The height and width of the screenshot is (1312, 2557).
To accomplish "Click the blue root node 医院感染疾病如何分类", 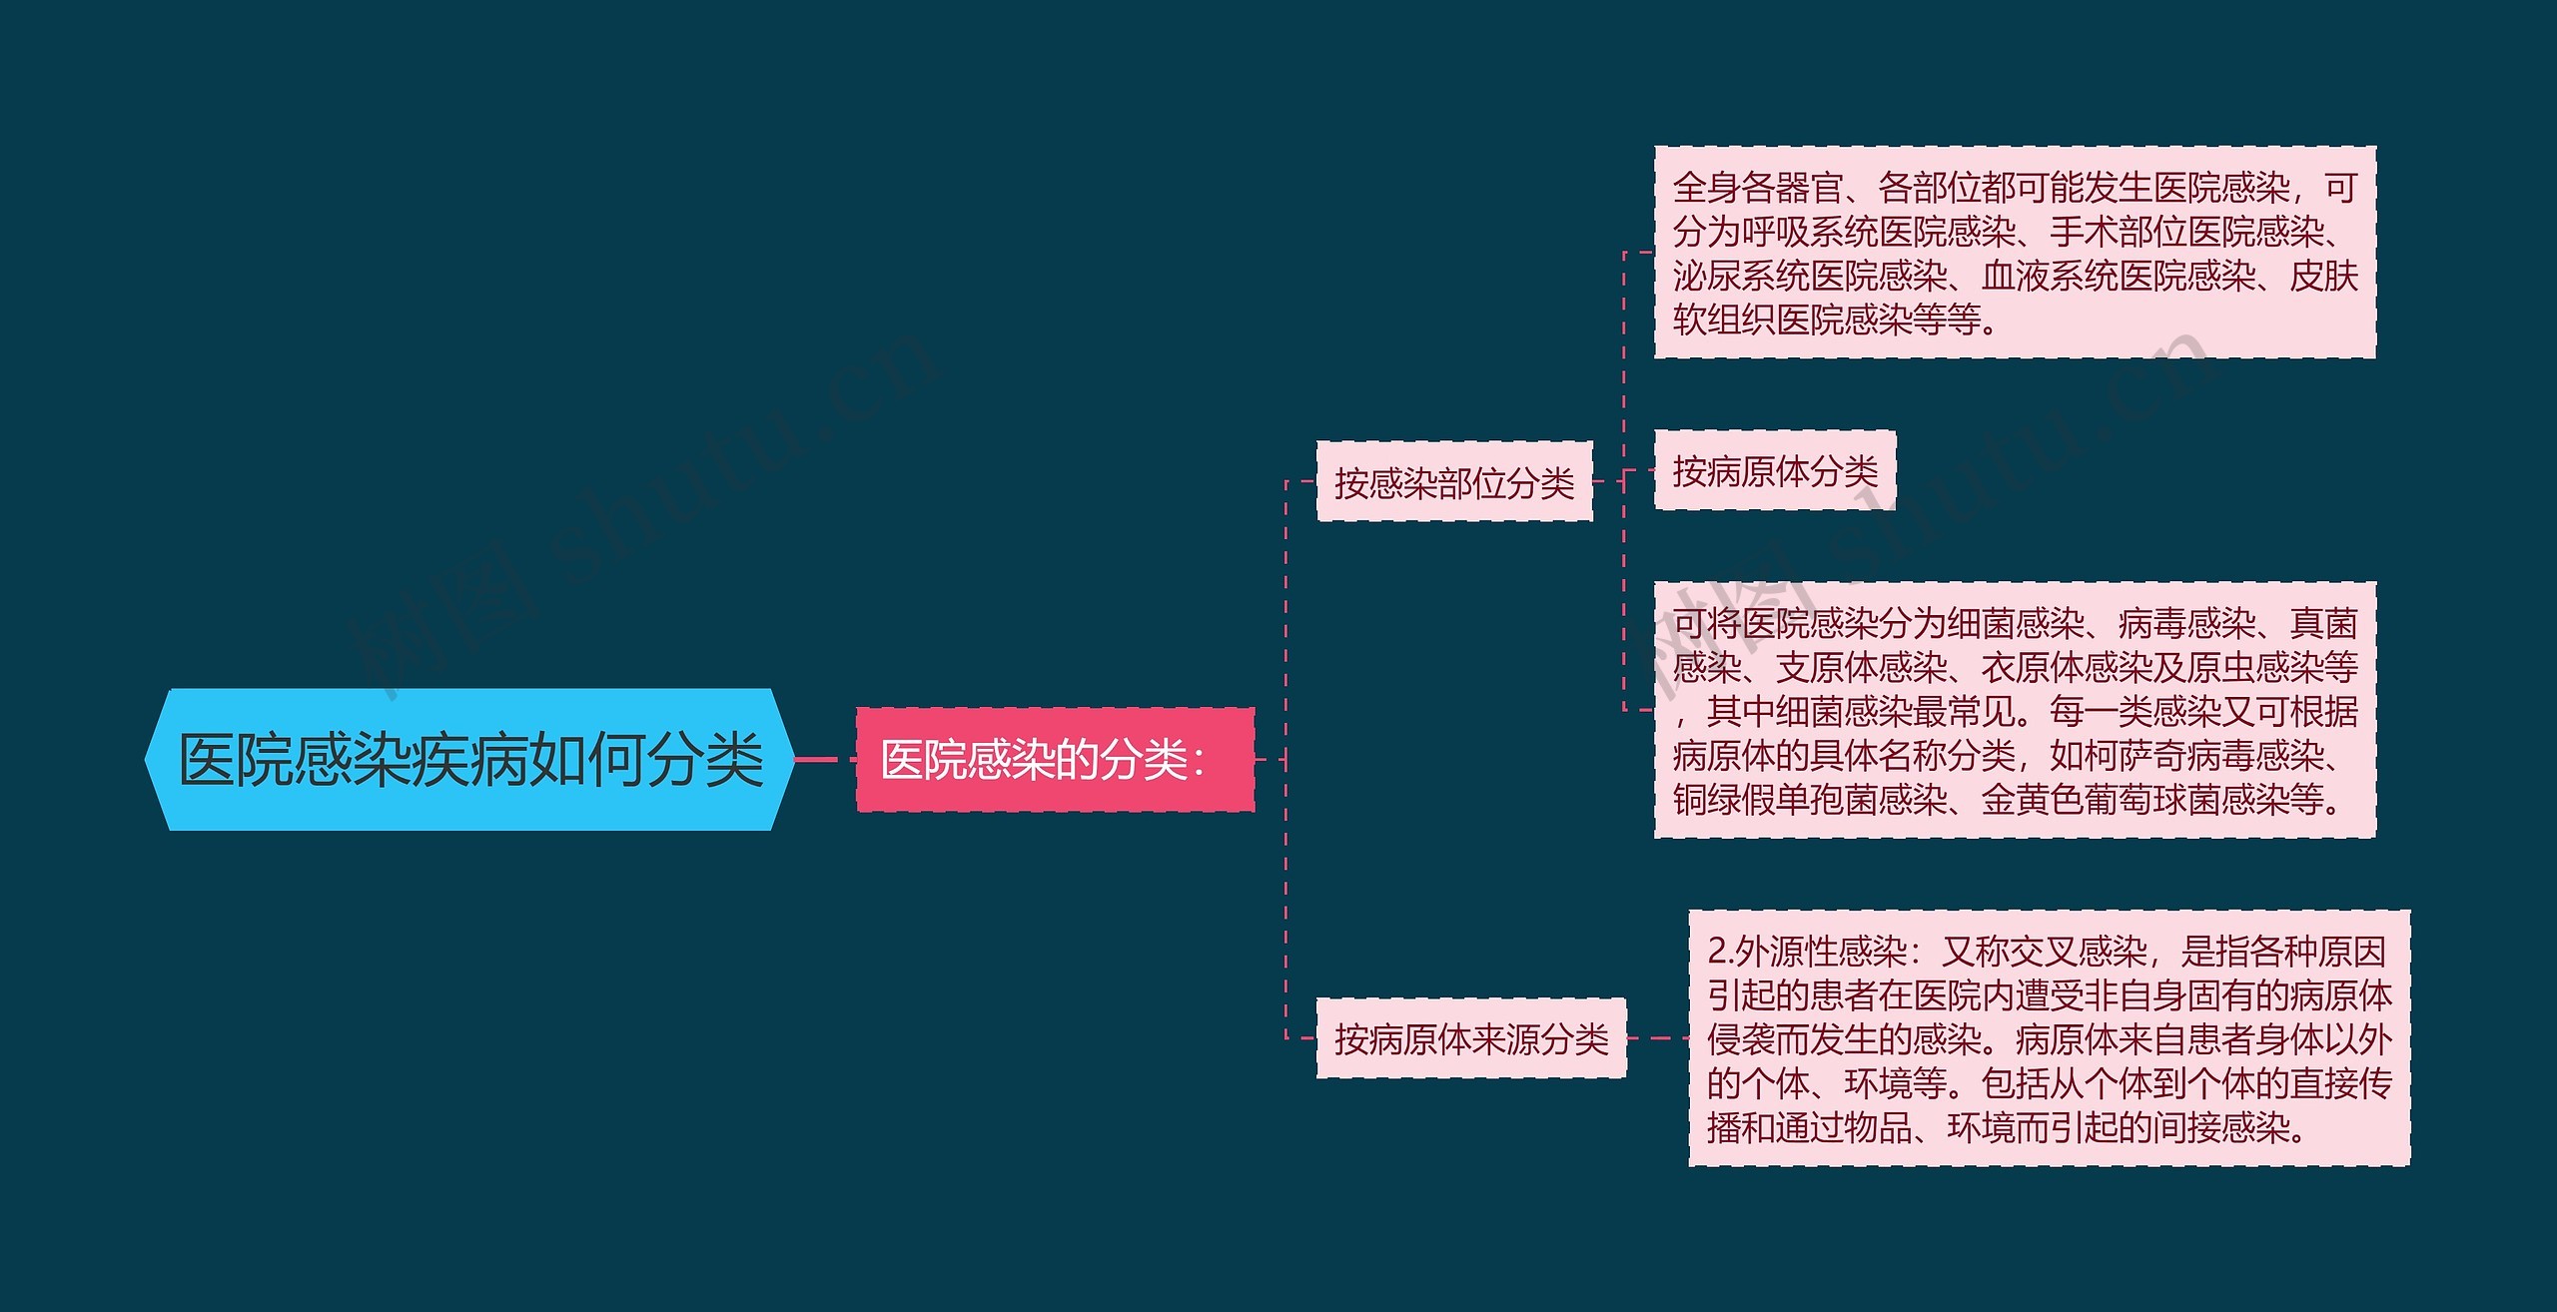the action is tap(469, 759).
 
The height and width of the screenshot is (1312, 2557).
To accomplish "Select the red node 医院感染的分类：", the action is tap(1055, 760).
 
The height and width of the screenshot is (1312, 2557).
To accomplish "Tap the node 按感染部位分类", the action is tap(1454, 482).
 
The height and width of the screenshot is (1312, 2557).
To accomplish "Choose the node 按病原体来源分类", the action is tap(1471, 1038).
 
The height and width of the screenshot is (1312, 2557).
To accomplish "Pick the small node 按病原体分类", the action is tap(1775, 470).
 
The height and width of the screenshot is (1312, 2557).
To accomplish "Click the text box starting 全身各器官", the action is tap(2015, 253).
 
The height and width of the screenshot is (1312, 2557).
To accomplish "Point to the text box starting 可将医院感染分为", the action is tap(2015, 710).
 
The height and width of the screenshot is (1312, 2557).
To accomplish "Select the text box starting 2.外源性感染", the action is tap(2050, 1038).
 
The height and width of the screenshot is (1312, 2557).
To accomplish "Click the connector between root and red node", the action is tap(826, 760).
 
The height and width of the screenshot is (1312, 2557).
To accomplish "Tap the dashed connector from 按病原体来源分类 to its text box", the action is tap(1658, 1038).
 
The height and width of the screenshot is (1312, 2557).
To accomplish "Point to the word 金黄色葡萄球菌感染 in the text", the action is tap(2135, 800).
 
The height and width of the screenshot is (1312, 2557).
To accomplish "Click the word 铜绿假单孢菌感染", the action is tap(1810, 800).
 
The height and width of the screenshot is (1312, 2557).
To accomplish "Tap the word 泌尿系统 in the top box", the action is tap(1741, 276).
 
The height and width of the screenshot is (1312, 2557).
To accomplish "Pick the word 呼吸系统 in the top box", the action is tap(1810, 232).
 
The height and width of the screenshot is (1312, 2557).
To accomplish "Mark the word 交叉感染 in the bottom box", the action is tap(2079, 952).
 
